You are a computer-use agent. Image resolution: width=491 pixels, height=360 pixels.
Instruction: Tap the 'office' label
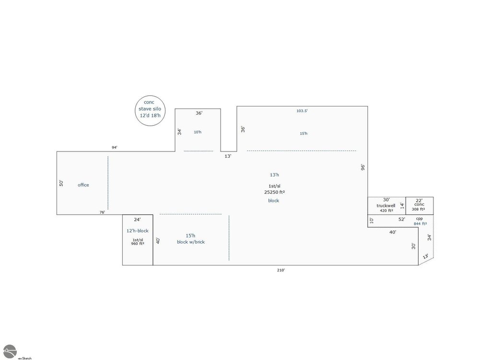pos(83,185)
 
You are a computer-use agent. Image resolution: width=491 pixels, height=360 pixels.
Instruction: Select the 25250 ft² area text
pos(274,192)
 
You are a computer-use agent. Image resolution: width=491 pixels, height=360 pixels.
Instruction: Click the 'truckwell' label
pos(386,206)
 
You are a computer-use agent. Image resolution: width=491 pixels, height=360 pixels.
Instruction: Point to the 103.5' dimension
pos(302,111)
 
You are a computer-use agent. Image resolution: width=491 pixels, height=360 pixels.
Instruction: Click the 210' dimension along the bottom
pos(281,270)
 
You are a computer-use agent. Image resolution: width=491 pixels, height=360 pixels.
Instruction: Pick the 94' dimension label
pos(115,148)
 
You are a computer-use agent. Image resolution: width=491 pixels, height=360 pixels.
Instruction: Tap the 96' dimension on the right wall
pos(363,167)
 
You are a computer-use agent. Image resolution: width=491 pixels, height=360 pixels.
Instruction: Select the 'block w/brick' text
pos(191,242)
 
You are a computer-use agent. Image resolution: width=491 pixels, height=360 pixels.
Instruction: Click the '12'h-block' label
pos(138,231)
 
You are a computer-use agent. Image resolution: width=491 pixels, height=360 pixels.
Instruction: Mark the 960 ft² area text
pos(138,244)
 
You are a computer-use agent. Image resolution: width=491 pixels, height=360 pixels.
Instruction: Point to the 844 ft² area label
pos(420,223)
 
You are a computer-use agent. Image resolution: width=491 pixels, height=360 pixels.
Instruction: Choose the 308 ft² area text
pos(418,209)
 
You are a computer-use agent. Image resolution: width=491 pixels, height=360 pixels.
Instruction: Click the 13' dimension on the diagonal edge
pos(426,256)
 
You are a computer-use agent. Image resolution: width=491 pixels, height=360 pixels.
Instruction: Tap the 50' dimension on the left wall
pos(61,183)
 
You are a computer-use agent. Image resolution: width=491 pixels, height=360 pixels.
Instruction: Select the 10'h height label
pos(198,132)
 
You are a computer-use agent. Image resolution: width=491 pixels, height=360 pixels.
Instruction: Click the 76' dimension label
pos(102,212)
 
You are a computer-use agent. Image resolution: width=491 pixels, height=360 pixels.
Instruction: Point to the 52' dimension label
pos(402,220)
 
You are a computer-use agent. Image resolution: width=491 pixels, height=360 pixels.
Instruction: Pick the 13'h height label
pos(274,175)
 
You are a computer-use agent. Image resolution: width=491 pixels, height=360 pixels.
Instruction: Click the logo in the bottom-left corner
pos(10,351)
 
